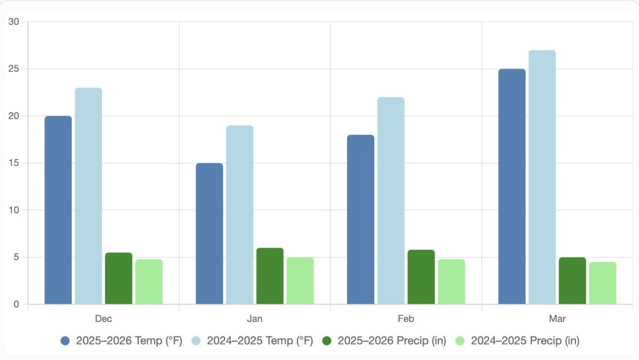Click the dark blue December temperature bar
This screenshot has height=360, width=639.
click(58, 210)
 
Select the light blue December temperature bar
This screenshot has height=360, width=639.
click(88, 196)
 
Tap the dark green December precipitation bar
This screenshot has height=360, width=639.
click(119, 278)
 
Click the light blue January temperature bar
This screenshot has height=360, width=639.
click(240, 215)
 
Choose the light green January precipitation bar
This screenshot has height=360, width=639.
click(300, 281)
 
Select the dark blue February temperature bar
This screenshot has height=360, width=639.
click(361, 219)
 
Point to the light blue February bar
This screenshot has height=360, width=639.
click(391, 201)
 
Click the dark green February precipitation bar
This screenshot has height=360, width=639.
click(421, 277)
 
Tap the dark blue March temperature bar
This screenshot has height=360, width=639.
click(512, 186)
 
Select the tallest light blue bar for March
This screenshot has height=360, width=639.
click(542, 177)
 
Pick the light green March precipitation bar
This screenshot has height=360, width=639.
click(603, 283)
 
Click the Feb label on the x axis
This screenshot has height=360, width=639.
click(406, 319)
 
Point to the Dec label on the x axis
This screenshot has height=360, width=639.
click(103, 319)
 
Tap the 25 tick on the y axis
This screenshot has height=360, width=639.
click(13, 69)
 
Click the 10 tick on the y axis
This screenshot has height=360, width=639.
click(13, 210)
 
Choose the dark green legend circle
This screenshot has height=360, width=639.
click(327, 341)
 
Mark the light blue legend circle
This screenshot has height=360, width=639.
click(196, 341)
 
